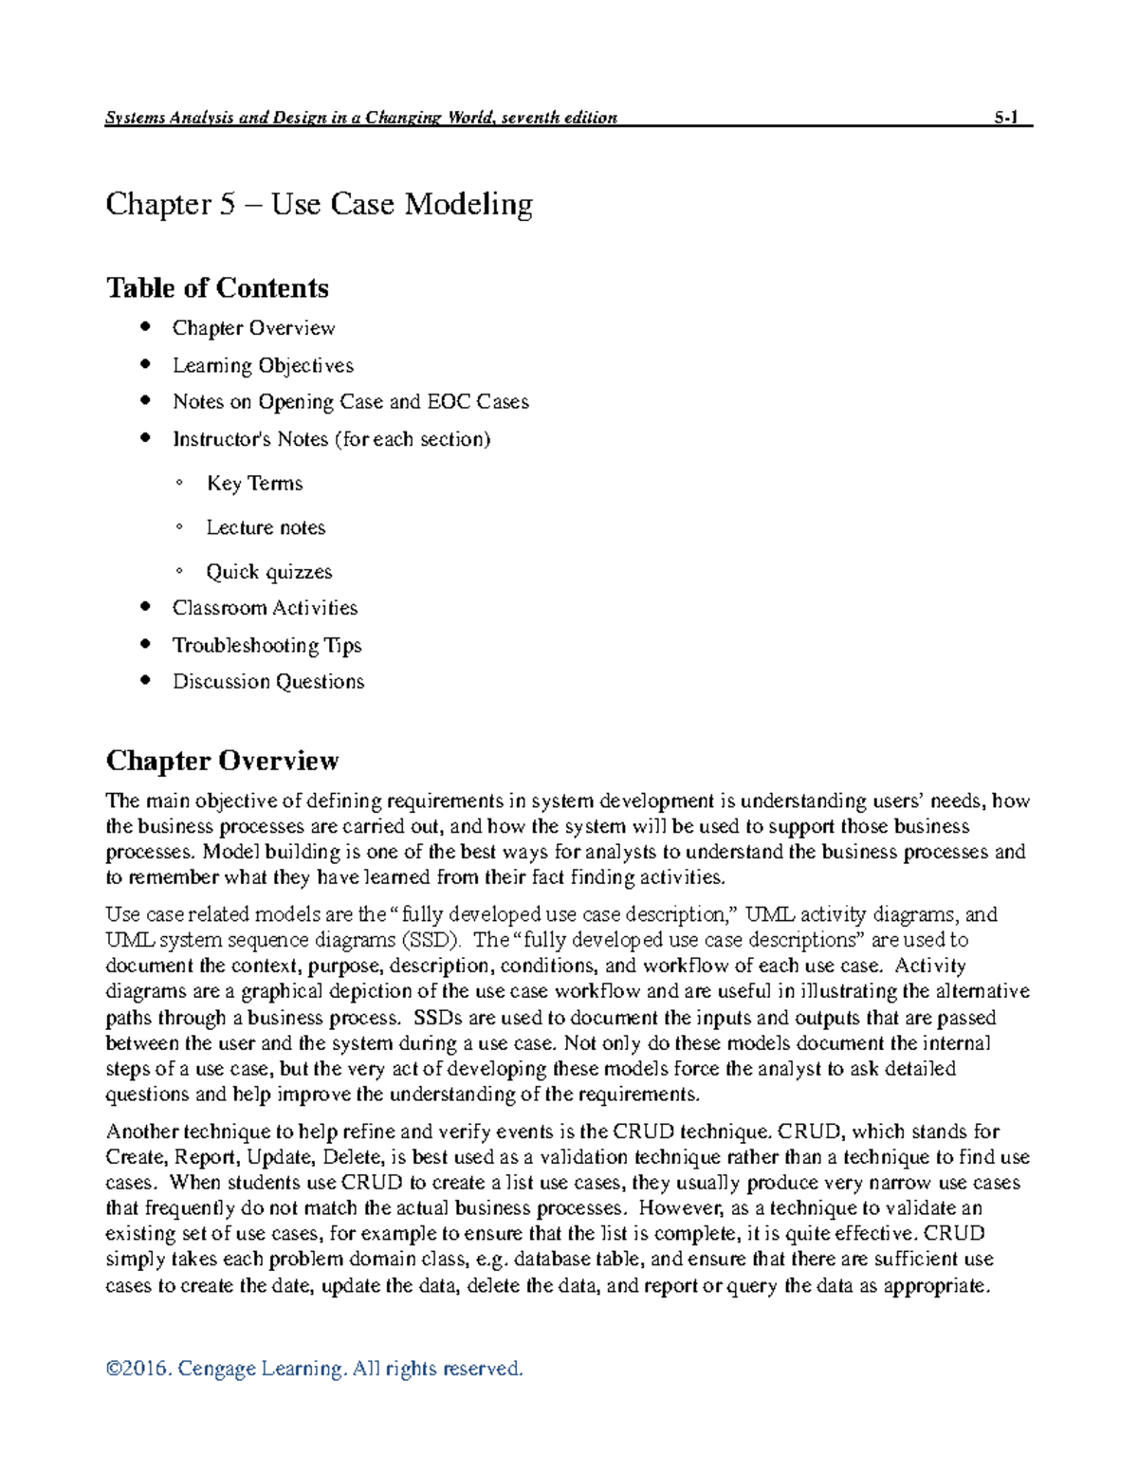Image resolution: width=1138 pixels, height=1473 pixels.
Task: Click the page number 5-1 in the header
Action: point(1005,118)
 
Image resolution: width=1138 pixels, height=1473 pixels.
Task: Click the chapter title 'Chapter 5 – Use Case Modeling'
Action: point(319,204)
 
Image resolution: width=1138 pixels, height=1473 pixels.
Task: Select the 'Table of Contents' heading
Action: point(217,287)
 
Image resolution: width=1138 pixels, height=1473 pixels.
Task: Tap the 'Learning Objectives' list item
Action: point(263,365)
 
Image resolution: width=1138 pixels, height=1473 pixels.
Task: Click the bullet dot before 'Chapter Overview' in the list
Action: point(145,327)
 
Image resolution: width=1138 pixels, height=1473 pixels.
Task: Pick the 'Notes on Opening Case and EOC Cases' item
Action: point(350,402)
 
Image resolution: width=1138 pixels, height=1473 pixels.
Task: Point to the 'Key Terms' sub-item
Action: point(254,484)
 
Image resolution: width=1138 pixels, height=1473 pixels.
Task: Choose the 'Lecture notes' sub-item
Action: point(266,527)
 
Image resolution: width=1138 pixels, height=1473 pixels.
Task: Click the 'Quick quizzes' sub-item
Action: point(269,572)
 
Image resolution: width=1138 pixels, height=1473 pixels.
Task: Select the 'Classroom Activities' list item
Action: point(265,608)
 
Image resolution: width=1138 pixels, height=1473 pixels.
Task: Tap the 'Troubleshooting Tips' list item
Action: point(266,645)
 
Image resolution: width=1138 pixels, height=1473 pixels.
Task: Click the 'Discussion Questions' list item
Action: point(267,682)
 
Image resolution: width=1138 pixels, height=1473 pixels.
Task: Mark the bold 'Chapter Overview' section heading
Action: point(222,761)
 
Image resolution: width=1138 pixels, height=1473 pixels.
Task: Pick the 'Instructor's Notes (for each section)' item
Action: point(331,439)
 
